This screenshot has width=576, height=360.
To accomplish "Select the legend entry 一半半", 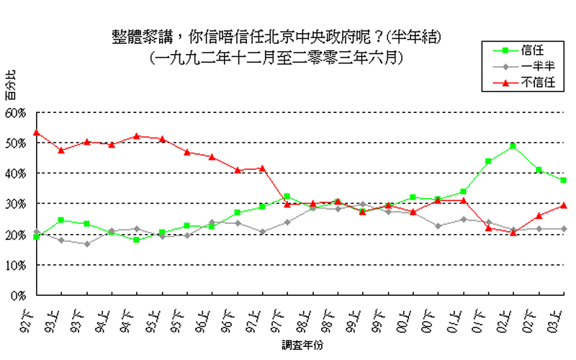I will coord(523,67).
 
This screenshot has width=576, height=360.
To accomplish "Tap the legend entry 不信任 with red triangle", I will coord(523,83).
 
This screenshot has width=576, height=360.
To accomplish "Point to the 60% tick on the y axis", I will coord(15,113).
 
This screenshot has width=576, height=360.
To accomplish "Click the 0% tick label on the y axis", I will coord(18,295).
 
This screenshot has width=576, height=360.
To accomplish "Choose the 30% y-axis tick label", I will coord(15,204).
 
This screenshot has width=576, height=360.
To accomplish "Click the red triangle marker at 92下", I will coord(36,132).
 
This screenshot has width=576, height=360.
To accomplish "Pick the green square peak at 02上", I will coord(513,146).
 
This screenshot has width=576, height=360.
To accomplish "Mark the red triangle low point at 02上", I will coord(513,233).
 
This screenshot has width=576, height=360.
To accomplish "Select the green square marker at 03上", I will coord(564,180).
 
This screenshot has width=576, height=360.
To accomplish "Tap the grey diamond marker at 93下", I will coord(86,244).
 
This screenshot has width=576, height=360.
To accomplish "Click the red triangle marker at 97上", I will coord(262,168).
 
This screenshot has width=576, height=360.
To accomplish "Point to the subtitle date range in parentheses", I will coord(276,55).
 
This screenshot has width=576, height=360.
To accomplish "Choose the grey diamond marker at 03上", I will coord(564,229).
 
